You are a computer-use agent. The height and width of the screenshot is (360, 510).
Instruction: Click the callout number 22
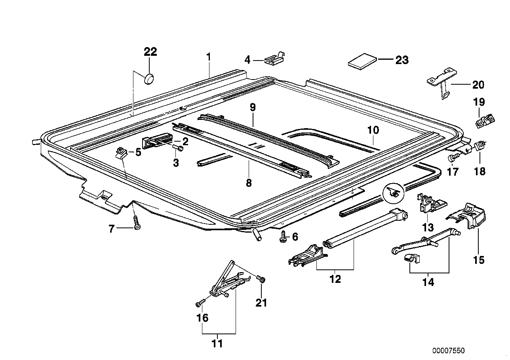point(150,52)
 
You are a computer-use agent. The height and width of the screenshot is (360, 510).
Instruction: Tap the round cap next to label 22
point(149,78)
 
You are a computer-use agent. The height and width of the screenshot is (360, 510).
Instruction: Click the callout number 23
point(402,60)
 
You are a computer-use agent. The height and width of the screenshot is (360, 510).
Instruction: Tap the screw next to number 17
point(453,158)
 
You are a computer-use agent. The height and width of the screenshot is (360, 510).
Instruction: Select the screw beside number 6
point(284,237)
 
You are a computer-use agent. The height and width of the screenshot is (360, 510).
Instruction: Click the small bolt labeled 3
point(180,149)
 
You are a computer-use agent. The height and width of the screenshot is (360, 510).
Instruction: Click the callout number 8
point(249,183)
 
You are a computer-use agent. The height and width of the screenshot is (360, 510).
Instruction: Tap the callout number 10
point(373,129)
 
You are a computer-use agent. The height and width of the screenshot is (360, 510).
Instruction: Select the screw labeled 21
point(261,279)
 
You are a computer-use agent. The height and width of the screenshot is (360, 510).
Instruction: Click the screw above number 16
point(200,303)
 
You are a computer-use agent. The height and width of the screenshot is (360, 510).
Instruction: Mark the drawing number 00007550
point(449,351)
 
